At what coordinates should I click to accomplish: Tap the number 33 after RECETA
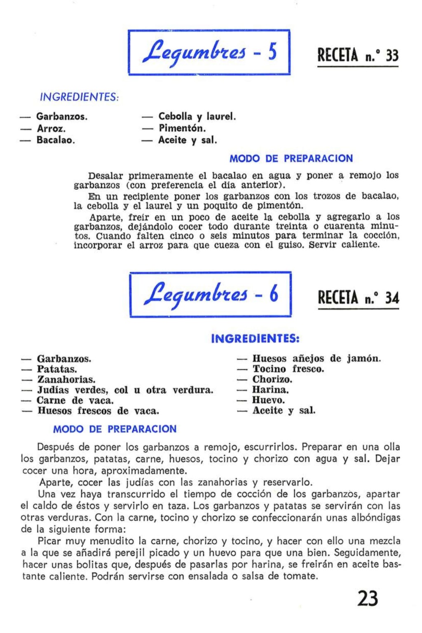[392, 56]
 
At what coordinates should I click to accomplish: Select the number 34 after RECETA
[392, 298]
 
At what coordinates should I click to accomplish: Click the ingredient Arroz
[51, 128]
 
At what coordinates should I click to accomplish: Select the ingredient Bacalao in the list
[56, 140]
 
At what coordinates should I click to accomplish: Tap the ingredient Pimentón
[182, 128]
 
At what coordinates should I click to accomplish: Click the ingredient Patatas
[57, 369]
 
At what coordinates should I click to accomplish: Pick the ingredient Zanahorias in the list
[66, 379]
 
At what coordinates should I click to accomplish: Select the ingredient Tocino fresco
[288, 369]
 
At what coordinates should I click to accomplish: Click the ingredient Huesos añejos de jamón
[316, 359]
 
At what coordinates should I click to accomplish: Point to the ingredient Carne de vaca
[75, 400]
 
